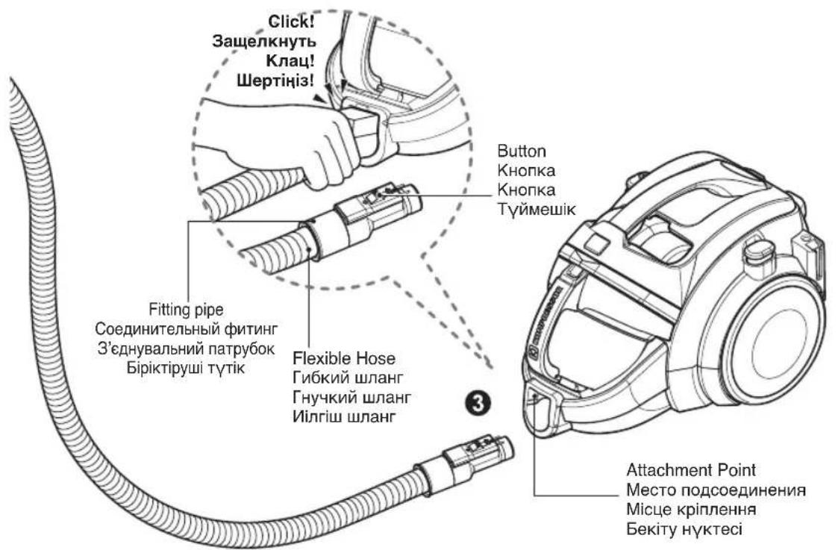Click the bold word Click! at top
[291, 22]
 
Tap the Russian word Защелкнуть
[264, 41]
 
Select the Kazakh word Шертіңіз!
[275, 81]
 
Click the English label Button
[522, 151]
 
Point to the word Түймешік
[536, 209]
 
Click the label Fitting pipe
[186, 310]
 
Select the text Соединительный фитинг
[187, 328]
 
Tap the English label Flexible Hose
[344, 358]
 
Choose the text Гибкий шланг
[348, 378]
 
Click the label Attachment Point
[691, 470]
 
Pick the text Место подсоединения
[716, 490]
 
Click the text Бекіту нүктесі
[684, 529]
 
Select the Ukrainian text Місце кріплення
[691, 510]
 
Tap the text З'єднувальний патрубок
[187, 349]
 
